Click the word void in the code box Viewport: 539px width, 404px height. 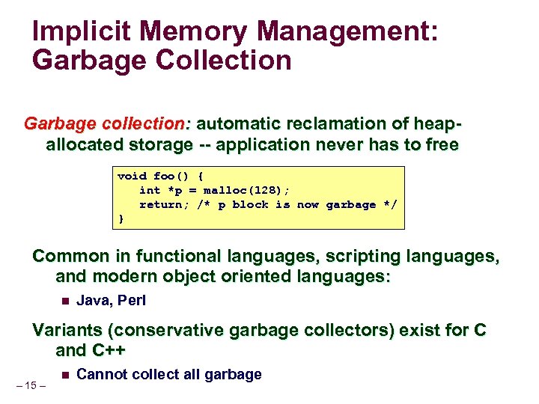click(x=132, y=177)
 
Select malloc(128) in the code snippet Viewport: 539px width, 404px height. click(x=229, y=190)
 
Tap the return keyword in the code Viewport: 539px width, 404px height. click(x=159, y=204)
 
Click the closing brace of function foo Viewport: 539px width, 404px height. click(x=121, y=218)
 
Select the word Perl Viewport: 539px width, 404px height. click(x=133, y=302)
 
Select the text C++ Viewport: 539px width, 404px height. click(x=109, y=350)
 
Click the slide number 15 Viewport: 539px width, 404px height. click(x=31, y=386)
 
